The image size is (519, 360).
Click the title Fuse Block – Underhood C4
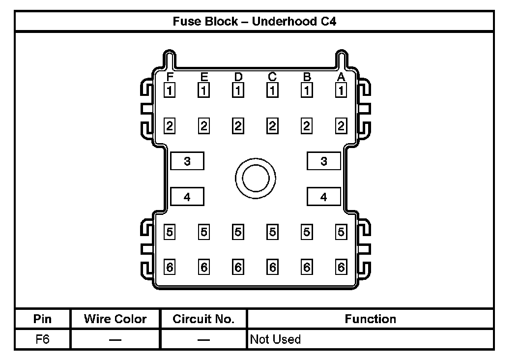click(254, 22)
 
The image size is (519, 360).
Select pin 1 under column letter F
click(170, 90)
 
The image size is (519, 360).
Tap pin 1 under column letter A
click(341, 90)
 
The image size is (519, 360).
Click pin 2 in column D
click(238, 126)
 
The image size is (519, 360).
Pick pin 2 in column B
click(307, 126)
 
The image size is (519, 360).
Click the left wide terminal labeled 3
click(187, 161)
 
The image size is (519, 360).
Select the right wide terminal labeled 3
click(323, 161)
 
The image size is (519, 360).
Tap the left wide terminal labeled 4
click(187, 197)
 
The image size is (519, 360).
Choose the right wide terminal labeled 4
click(323, 197)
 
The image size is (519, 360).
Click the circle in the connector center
click(255, 178)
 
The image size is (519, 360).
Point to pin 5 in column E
click(204, 232)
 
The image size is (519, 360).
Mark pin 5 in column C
click(272, 232)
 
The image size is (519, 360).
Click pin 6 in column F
click(170, 268)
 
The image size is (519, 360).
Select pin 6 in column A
click(341, 268)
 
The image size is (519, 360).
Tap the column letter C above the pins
click(272, 77)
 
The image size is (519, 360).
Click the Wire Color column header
click(115, 319)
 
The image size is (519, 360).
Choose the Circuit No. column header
click(203, 319)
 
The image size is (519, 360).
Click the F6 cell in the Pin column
click(43, 339)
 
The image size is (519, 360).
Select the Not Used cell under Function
click(275, 339)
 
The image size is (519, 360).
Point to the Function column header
click(370, 319)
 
